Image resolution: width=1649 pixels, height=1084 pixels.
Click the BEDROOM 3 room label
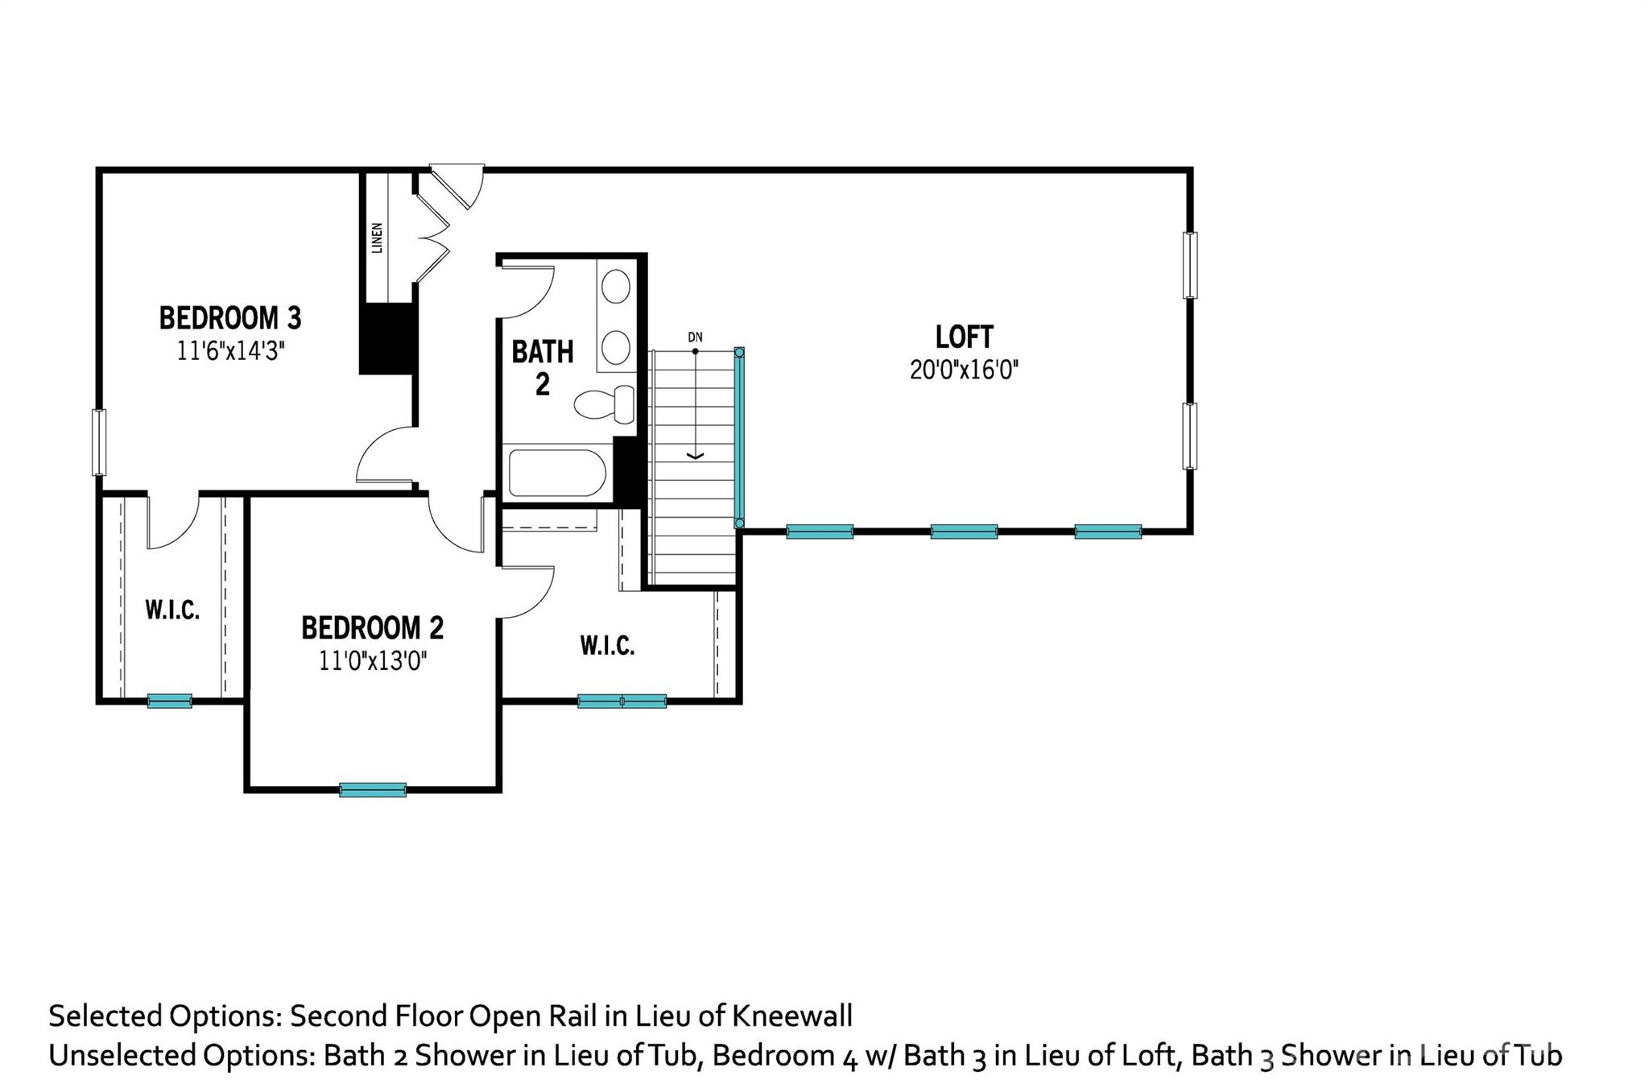point(229,318)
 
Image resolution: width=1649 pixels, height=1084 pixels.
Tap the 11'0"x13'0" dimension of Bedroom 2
point(372,661)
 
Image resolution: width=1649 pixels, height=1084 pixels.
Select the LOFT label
point(964,336)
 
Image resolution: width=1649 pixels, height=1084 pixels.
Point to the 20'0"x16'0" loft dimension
point(964,370)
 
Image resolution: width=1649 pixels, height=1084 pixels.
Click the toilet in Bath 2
point(604,403)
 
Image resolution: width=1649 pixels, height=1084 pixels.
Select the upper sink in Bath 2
point(617,287)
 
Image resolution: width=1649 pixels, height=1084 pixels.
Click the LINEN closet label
point(377,238)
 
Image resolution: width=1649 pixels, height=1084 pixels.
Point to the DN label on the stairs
point(695,337)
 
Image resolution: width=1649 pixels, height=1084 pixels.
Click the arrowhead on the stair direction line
point(695,456)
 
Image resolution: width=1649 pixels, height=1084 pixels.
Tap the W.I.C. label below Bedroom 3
point(172,610)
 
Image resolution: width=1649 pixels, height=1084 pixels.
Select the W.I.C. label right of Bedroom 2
point(607,645)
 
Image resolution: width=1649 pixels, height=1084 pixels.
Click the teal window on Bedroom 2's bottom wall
point(373,790)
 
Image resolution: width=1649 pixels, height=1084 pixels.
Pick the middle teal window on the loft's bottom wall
point(964,532)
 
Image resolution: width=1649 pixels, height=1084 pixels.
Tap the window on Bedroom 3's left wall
point(99,442)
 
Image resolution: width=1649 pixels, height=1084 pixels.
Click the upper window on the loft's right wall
point(1189,265)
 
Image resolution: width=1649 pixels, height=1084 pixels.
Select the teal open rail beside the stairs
point(739,438)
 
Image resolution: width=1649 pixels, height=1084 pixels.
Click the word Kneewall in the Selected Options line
point(791,1016)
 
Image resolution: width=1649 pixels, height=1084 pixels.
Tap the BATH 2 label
point(543,368)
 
